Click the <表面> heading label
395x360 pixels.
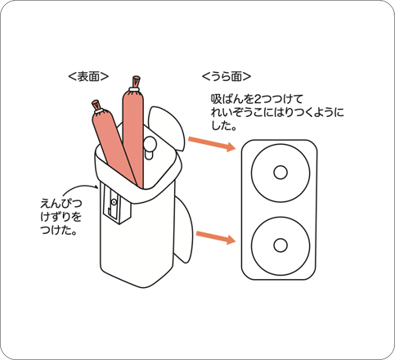pyautogui.click(x=88, y=76)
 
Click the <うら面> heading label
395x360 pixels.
pyautogui.click(x=227, y=77)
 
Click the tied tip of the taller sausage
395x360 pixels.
pyautogui.click(x=136, y=81)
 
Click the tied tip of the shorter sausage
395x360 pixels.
pyautogui.click(x=96, y=105)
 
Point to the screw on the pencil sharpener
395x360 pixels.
pyautogui.click(x=114, y=202)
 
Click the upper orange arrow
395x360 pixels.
pyautogui.click(x=212, y=144)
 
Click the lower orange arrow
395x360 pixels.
pyautogui.click(x=216, y=237)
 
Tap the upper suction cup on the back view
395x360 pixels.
pyautogui.click(x=281, y=173)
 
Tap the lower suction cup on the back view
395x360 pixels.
pyautogui.click(x=281, y=245)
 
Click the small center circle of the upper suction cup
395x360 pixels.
pyautogui.click(x=281, y=173)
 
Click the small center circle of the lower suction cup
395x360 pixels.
pyautogui.click(x=281, y=245)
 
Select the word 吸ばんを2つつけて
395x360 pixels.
pyautogui.click(x=257, y=99)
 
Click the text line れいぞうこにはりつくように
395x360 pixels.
pyautogui.click(x=277, y=112)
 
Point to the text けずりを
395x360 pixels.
pyautogui.click(x=61, y=217)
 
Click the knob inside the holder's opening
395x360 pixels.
pyautogui.click(x=149, y=147)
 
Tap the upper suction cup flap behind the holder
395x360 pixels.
pyautogui.click(x=167, y=127)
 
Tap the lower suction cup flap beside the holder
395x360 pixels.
pyautogui.click(x=182, y=229)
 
